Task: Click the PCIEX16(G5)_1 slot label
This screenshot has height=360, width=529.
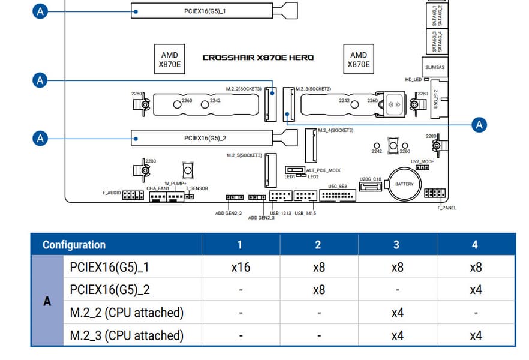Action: [205, 11]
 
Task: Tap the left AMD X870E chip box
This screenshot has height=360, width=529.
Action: [170, 59]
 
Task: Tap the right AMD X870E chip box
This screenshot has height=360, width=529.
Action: [359, 59]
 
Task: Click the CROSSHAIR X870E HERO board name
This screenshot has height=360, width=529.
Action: [258, 58]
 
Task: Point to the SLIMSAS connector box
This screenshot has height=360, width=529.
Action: [435, 68]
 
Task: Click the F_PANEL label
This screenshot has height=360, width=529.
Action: [446, 208]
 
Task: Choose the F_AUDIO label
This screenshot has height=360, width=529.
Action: [112, 193]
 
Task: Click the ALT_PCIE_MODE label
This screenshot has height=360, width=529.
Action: [324, 170]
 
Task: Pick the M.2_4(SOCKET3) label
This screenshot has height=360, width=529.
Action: [335, 130]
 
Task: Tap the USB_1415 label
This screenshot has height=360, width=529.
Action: [305, 213]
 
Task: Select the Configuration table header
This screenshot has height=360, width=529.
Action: [74, 245]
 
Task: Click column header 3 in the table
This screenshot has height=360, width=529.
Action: [396, 245]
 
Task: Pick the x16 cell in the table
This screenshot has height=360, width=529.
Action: [240, 267]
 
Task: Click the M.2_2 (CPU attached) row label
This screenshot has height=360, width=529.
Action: [127, 313]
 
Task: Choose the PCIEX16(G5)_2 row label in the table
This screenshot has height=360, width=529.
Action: [110, 290]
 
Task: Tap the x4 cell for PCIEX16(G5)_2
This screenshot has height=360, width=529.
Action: [475, 290]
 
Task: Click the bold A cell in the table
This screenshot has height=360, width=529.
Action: [47, 301]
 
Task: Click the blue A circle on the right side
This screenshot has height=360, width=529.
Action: [479, 125]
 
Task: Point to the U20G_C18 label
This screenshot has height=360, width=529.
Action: [370, 179]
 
